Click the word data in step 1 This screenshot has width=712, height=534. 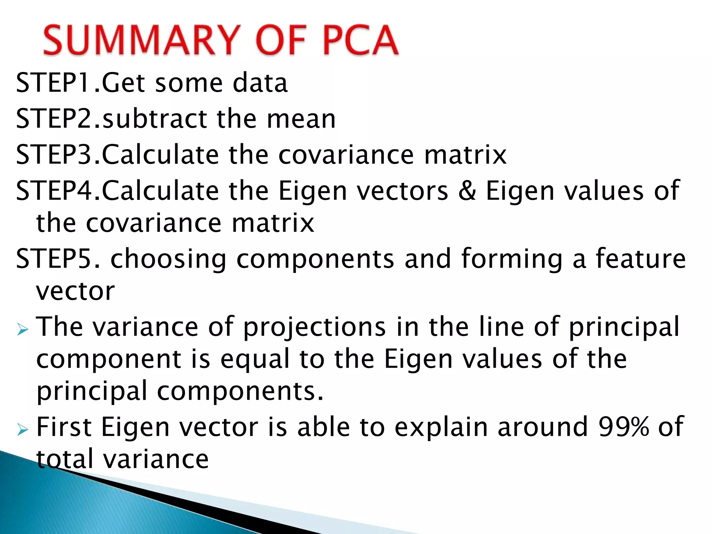[x=260, y=83]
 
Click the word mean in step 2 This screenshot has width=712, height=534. [x=301, y=119]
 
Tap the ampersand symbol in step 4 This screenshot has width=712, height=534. [x=467, y=191]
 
